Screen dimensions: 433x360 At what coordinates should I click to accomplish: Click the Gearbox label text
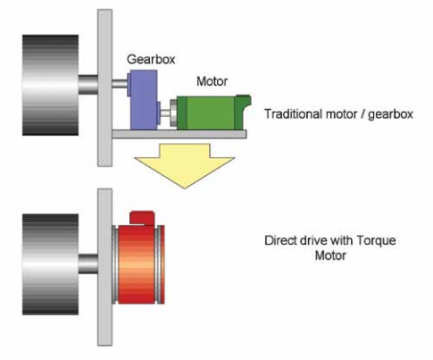point(151,60)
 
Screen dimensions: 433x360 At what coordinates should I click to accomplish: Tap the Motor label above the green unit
point(212,81)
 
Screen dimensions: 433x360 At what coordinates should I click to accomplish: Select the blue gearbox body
point(144,100)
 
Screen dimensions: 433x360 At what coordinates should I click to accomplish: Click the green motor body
point(212,113)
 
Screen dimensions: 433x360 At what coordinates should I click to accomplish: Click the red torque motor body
point(138,264)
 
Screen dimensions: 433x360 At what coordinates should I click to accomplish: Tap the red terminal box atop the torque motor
point(142,218)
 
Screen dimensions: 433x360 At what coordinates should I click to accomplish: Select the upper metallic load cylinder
point(51,85)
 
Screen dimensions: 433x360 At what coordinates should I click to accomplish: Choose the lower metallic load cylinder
point(51,264)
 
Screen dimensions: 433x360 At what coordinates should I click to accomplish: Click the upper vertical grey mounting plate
point(105,88)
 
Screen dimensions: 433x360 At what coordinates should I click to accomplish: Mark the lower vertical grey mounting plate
point(105,267)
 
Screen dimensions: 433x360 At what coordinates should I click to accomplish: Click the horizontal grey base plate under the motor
point(179,134)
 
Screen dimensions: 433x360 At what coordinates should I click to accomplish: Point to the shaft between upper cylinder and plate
point(88,85)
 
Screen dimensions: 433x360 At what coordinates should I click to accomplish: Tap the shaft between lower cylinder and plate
point(88,264)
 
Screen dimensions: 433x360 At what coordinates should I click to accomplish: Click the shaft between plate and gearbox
point(120,83)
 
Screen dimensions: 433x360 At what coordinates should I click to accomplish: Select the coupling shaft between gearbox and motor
point(165,113)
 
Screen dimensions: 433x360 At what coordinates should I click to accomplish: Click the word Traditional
point(294,114)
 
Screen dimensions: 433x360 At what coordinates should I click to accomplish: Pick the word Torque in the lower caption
point(376,240)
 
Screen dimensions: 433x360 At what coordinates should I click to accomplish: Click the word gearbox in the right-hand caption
point(391,114)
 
